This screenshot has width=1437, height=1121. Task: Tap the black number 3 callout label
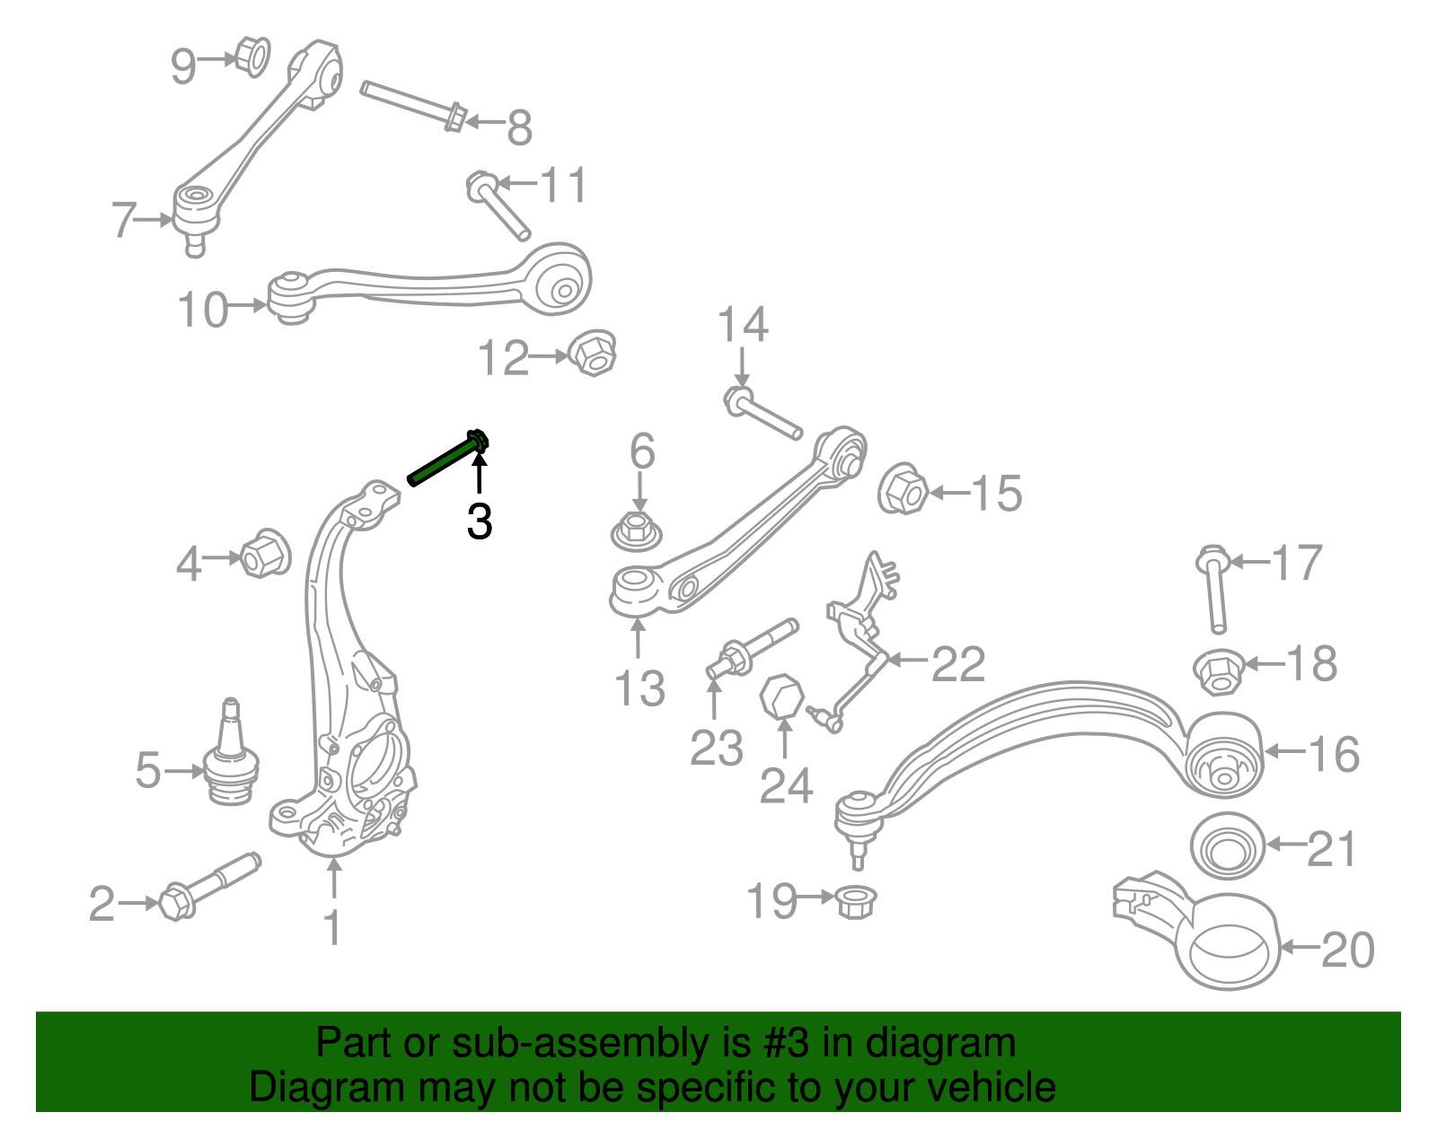pos(480,522)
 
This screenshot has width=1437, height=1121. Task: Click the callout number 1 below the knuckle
pos(333,928)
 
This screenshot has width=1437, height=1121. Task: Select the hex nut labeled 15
pos(903,489)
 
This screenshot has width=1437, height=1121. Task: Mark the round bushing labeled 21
pos(1227,846)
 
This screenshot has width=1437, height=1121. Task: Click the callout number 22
pos(958,664)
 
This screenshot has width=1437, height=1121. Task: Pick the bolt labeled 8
pos(414,104)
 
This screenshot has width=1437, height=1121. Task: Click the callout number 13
pos(639,689)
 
